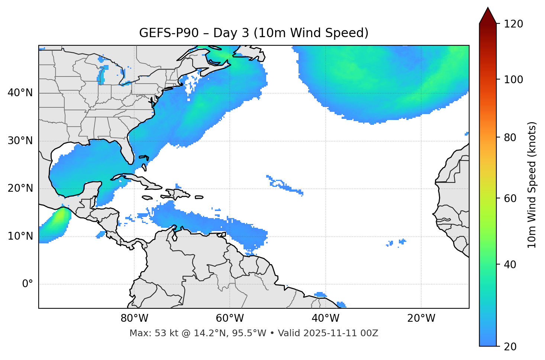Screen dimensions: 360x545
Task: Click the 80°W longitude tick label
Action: click(134, 318)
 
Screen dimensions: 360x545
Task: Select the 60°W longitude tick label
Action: click(230, 318)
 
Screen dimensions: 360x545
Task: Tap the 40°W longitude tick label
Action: click(325, 318)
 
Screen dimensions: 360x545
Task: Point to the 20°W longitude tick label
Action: click(421, 318)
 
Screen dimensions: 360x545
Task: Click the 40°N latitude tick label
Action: click(20, 93)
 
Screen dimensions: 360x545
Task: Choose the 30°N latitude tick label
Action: click(20, 141)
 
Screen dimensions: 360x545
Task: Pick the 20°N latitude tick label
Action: click(20, 188)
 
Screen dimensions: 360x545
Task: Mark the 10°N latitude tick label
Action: click(20, 236)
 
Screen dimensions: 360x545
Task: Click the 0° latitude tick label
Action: click(28, 284)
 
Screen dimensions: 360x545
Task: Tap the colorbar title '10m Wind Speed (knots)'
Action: click(532, 185)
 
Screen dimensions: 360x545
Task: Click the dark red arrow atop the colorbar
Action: click(488, 16)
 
